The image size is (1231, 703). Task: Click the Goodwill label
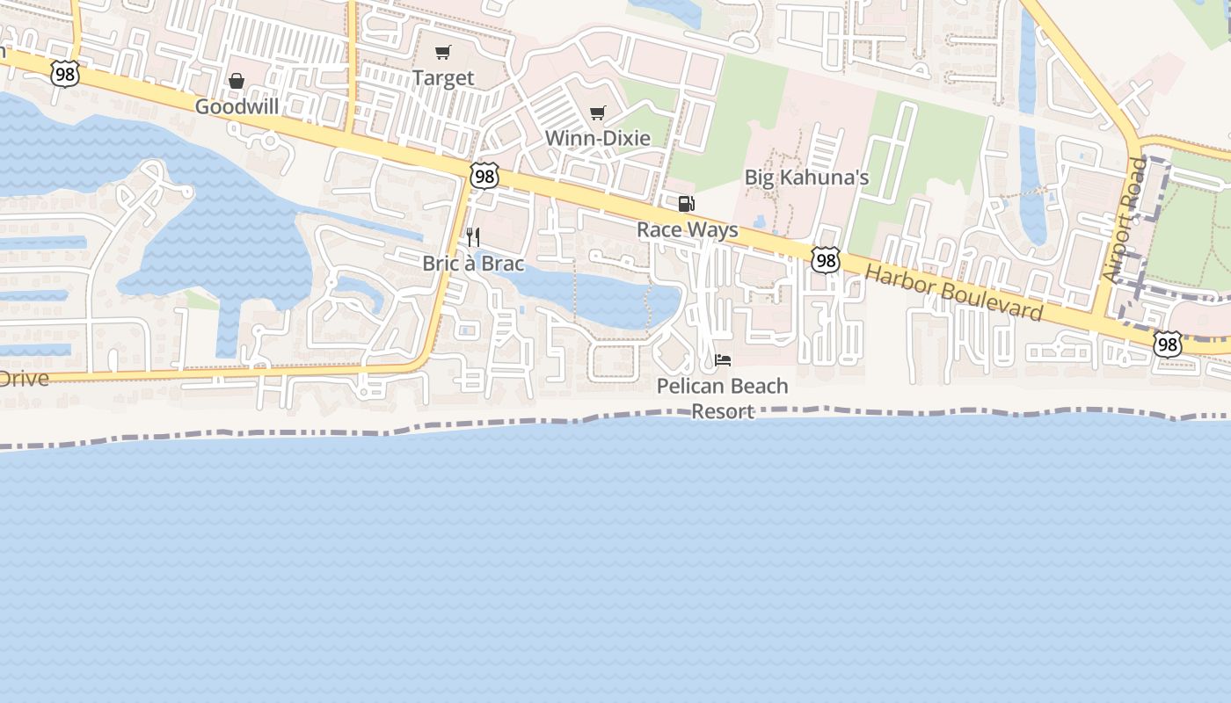(x=237, y=107)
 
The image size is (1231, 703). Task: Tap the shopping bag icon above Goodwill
(x=237, y=82)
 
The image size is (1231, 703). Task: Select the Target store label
(x=443, y=78)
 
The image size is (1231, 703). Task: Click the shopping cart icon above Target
(x=443, y=53)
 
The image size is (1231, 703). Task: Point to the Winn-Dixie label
(x=598, y=138)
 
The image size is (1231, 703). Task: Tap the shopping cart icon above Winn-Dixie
(x=598, y=112)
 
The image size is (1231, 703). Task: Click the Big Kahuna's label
(x=806, y=178)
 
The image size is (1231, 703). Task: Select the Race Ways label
(x=688, y=230)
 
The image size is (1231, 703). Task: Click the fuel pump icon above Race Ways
(x=686, y=205)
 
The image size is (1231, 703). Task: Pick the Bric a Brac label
(x=473, y=264)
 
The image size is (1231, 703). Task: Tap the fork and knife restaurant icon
(x=473, y=237)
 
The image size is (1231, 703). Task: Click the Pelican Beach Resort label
(x=723, y=398)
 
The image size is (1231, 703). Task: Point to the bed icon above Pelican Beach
(x=723, y=360)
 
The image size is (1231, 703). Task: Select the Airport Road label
(x=1125, y=220)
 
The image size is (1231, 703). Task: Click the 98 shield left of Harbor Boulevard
(x=825, y=260)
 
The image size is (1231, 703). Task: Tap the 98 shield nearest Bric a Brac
(x=484, y=176)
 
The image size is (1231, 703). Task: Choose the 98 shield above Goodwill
(x=64, y=74)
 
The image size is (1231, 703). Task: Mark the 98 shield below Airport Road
(x=1167, y=344)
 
